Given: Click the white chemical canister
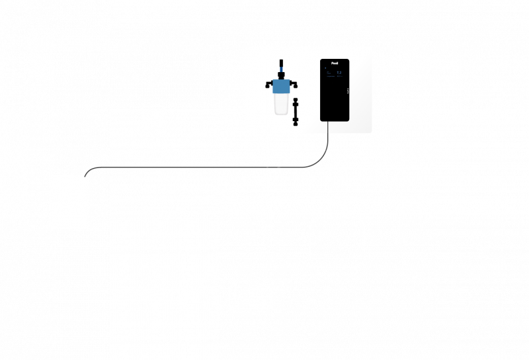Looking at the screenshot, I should (69, 202).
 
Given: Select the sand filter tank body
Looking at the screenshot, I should (337, 242).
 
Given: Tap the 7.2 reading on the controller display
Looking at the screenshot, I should (339, 72).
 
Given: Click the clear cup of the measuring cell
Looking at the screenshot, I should (281, 104).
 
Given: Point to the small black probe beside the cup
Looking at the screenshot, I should (296, 111).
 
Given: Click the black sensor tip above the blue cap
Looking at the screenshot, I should (281, 66).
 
